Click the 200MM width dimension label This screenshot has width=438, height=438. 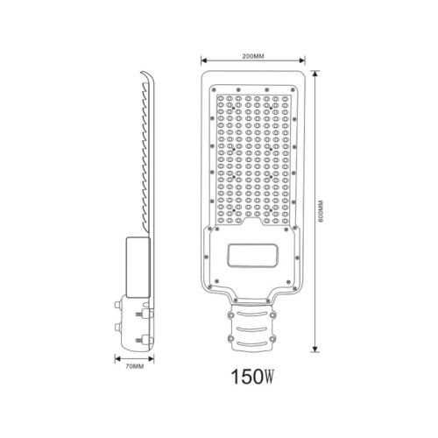(x=253, y=56)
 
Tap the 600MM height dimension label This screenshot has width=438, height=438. (x=321, y=212)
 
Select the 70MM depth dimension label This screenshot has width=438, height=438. (x=135, y=366)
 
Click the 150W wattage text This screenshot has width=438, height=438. (x=252, y=377)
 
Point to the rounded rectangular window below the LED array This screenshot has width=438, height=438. (x=252, y=256)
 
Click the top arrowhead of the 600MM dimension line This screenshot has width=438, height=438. (x=314, y=74)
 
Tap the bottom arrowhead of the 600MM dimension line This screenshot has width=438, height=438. (x=314, y=349)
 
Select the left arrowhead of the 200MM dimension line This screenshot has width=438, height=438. (x=204, y=60)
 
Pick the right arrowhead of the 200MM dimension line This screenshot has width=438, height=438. (x=302, y=60)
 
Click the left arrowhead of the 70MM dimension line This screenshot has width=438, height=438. (x=117, y=359)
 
